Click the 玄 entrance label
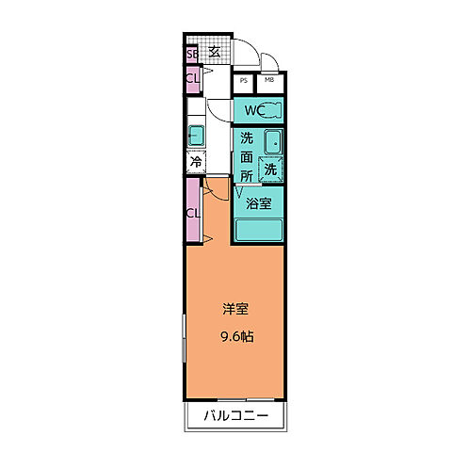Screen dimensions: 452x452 [215, 52]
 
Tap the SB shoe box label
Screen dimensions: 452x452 [192, 54]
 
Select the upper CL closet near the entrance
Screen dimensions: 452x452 [192, 79]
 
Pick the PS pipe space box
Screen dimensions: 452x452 [244, 81]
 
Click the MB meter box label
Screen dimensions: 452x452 [269, 81]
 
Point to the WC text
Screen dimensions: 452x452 [251, 111]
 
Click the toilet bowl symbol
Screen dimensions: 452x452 [271, 111]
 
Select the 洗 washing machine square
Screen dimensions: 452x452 [271, 170]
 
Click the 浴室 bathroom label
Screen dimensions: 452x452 [259, 202]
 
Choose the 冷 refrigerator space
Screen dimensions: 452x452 [196, 162]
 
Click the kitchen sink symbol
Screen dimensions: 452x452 [197, 133]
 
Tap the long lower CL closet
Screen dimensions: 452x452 [192, 212]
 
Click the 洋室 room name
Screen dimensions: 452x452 [235, 308]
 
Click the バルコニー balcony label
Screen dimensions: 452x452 [234, 416]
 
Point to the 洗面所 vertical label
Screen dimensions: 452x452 [246, 156]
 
